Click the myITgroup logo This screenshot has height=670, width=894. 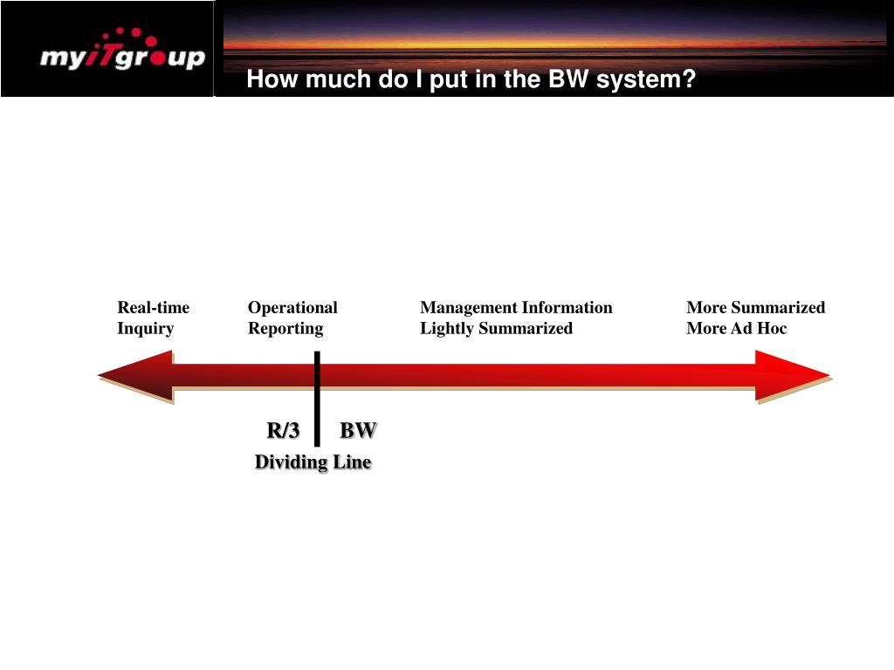[x=122, y=58]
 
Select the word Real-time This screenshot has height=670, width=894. [x=154, y=307]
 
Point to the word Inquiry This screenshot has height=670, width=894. [x=146, y=328]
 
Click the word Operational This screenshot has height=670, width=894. [x=292, y=307]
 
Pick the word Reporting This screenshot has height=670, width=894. [x=285, y=328]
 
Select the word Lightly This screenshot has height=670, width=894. [x=447, y=328]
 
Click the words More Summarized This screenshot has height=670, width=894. [x=755, y=307]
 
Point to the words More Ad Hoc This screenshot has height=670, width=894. [x=736, y=328]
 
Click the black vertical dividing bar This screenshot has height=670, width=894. [x=317, y=397]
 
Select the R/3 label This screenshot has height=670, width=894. [x=283, y=430]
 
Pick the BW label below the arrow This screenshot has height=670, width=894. [x=358, y=430]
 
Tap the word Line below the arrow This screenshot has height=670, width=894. [x=352, y=462]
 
